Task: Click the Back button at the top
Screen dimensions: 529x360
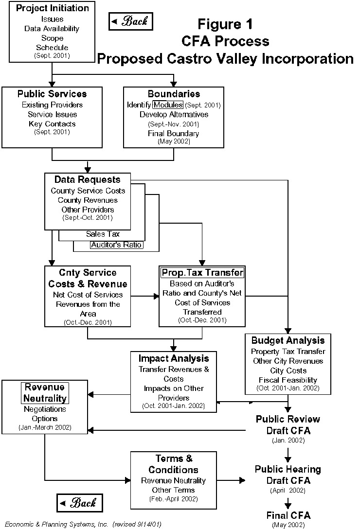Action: pos(130,21)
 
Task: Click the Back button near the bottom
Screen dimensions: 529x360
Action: pos(80,503)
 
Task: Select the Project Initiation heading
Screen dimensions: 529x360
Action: pos(52,8)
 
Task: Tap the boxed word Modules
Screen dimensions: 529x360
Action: pos(168,105)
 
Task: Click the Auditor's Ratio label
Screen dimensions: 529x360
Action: pos(116,245)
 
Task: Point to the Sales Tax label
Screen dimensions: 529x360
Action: pos(103,234)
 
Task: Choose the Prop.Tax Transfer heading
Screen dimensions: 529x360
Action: pos(202,272)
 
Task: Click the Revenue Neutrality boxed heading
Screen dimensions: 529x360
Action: pos(45,393)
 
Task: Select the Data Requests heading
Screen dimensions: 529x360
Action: pos(87,179)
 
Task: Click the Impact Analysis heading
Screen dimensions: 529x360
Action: pos(174,358)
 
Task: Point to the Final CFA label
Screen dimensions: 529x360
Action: pos(288,515)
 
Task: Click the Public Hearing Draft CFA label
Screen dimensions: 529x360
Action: pos(288,475)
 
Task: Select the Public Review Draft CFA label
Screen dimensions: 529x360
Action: pos(288,424)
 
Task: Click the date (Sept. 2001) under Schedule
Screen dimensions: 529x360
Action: pos(52,56)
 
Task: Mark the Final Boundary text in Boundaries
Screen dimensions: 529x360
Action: pos(174,133)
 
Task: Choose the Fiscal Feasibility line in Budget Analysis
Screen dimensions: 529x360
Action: pos(288,380)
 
